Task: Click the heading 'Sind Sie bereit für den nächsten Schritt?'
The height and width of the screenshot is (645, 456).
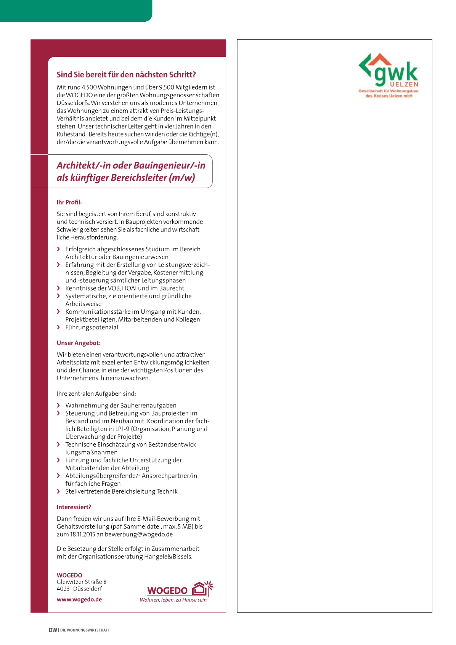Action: point(126,75)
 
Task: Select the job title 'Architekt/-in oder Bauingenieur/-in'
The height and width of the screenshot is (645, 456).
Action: point(131,165)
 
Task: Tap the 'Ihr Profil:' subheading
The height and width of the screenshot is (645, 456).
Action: point(69,202)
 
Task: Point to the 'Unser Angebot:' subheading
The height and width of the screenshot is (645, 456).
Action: point(79,343)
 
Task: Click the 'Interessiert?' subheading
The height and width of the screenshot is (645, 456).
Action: point(74,507)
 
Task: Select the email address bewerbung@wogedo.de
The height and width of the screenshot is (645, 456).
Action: point(139,534)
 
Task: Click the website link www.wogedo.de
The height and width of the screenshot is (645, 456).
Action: point(79,599)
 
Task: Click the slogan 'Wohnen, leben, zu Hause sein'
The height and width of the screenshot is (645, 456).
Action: point(173,600)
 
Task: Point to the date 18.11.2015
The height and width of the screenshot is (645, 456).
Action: point(82,534)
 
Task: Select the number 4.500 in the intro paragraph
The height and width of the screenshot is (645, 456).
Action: point(89,87)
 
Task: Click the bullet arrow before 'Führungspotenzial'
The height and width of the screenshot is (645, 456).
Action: point(58,327)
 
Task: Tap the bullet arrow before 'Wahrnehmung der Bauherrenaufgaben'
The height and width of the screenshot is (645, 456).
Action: point(58,405)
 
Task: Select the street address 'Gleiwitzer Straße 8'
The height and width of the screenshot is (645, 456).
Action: point(82,582)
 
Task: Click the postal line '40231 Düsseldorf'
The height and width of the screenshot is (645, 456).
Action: point(79,589)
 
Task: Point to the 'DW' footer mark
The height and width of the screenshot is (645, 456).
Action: point(53,630)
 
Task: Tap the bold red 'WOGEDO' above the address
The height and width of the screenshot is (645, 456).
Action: point(69,575)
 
